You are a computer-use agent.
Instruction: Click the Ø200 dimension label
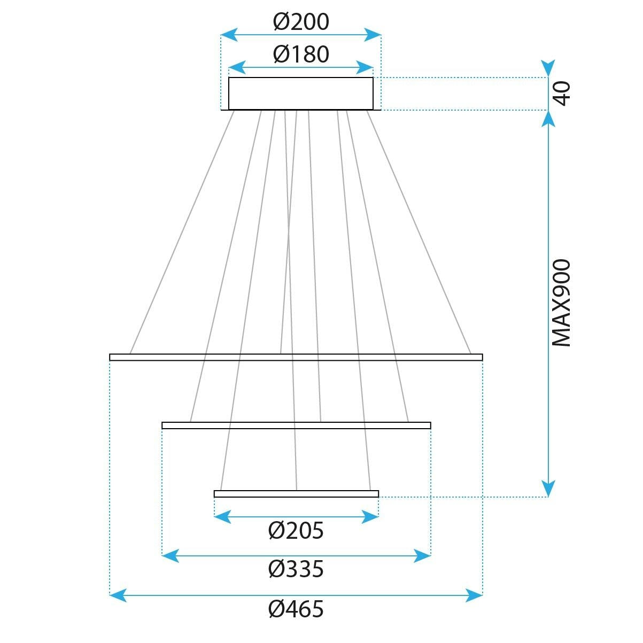point(301,22)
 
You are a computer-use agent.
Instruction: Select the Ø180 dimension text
point(301,55)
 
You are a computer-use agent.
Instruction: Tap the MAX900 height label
point(561,303)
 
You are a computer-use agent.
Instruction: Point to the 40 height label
point(561,94)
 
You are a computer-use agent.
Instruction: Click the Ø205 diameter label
point(296,531)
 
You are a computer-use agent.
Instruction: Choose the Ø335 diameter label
point(296,569)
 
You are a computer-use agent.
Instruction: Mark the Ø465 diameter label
point(296,609)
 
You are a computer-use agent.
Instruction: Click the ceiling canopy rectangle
point(301,94)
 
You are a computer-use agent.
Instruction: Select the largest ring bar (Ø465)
point(296,357)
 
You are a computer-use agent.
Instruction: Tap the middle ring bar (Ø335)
point(296,425)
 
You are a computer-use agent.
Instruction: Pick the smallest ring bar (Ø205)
point(296,494)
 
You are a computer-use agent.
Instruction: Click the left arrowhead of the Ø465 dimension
point(118,595)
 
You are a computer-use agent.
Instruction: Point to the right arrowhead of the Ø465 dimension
point(475,595)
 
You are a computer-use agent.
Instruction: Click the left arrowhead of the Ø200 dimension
point(229,35)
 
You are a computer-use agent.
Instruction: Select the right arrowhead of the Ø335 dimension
point(423,556)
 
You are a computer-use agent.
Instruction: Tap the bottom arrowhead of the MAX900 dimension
point(548,489)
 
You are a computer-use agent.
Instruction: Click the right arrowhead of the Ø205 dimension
point(370,517)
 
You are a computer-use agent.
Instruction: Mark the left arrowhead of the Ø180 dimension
point(236,68)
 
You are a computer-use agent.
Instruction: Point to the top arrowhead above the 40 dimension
point(548,68)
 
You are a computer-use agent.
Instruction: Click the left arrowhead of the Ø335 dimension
point(170,556)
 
